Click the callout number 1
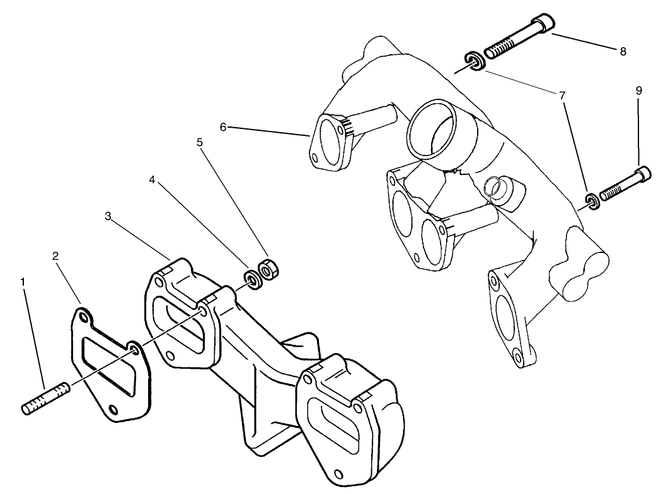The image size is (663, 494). [x=23, y=283]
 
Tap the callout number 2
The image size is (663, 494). [x=55, y=256]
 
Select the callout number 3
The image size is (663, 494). [x=108, y=216]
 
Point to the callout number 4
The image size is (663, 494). [x=152, y=180]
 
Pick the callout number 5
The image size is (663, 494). [x=200, y=142]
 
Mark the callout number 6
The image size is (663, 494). [x=223, y=126]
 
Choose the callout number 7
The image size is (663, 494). [x=560, y=95]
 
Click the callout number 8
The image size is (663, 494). [x=623, y=52]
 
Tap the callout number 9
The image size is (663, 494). [x=638, y=91]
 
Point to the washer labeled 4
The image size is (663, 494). [x=253, y=279]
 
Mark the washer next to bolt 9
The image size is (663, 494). [x=591, y=201]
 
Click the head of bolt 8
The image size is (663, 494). [x=543, y=25]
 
